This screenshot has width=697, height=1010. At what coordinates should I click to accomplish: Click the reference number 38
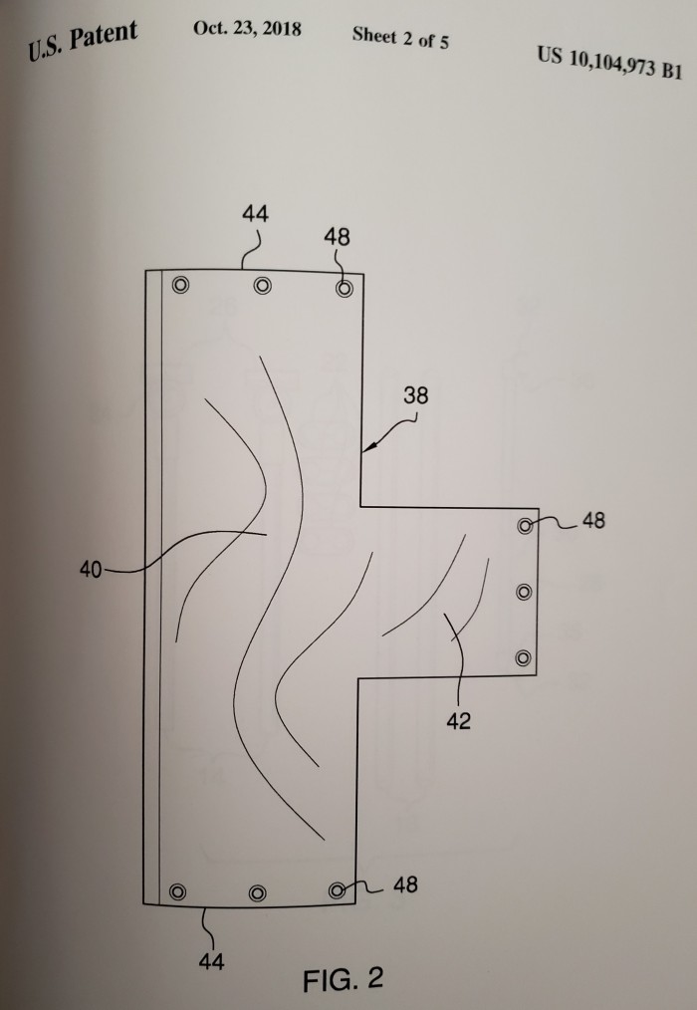415,394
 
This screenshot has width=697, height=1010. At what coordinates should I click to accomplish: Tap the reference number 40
91,570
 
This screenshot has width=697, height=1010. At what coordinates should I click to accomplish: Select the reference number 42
459,721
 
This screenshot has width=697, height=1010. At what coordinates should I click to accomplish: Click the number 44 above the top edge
255,213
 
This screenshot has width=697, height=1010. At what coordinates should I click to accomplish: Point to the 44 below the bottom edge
211,961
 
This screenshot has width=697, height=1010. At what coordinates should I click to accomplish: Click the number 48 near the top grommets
337,237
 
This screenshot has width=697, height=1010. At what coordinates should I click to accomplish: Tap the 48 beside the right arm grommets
593,520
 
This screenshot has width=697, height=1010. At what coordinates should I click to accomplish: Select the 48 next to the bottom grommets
405,885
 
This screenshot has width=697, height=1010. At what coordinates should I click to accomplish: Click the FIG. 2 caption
343,979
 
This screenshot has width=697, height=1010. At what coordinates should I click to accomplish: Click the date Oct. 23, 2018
247,28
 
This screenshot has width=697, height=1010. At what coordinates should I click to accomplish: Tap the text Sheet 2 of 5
400,38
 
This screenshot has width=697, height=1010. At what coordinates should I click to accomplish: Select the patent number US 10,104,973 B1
609,62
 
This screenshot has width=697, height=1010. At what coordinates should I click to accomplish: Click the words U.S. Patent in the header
83,41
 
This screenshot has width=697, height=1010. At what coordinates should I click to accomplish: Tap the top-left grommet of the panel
181,284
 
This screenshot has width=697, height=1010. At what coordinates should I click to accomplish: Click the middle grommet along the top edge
262,285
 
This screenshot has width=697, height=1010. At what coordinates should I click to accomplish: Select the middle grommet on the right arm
525,592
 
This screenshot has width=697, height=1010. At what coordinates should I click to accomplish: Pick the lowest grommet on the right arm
524,657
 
